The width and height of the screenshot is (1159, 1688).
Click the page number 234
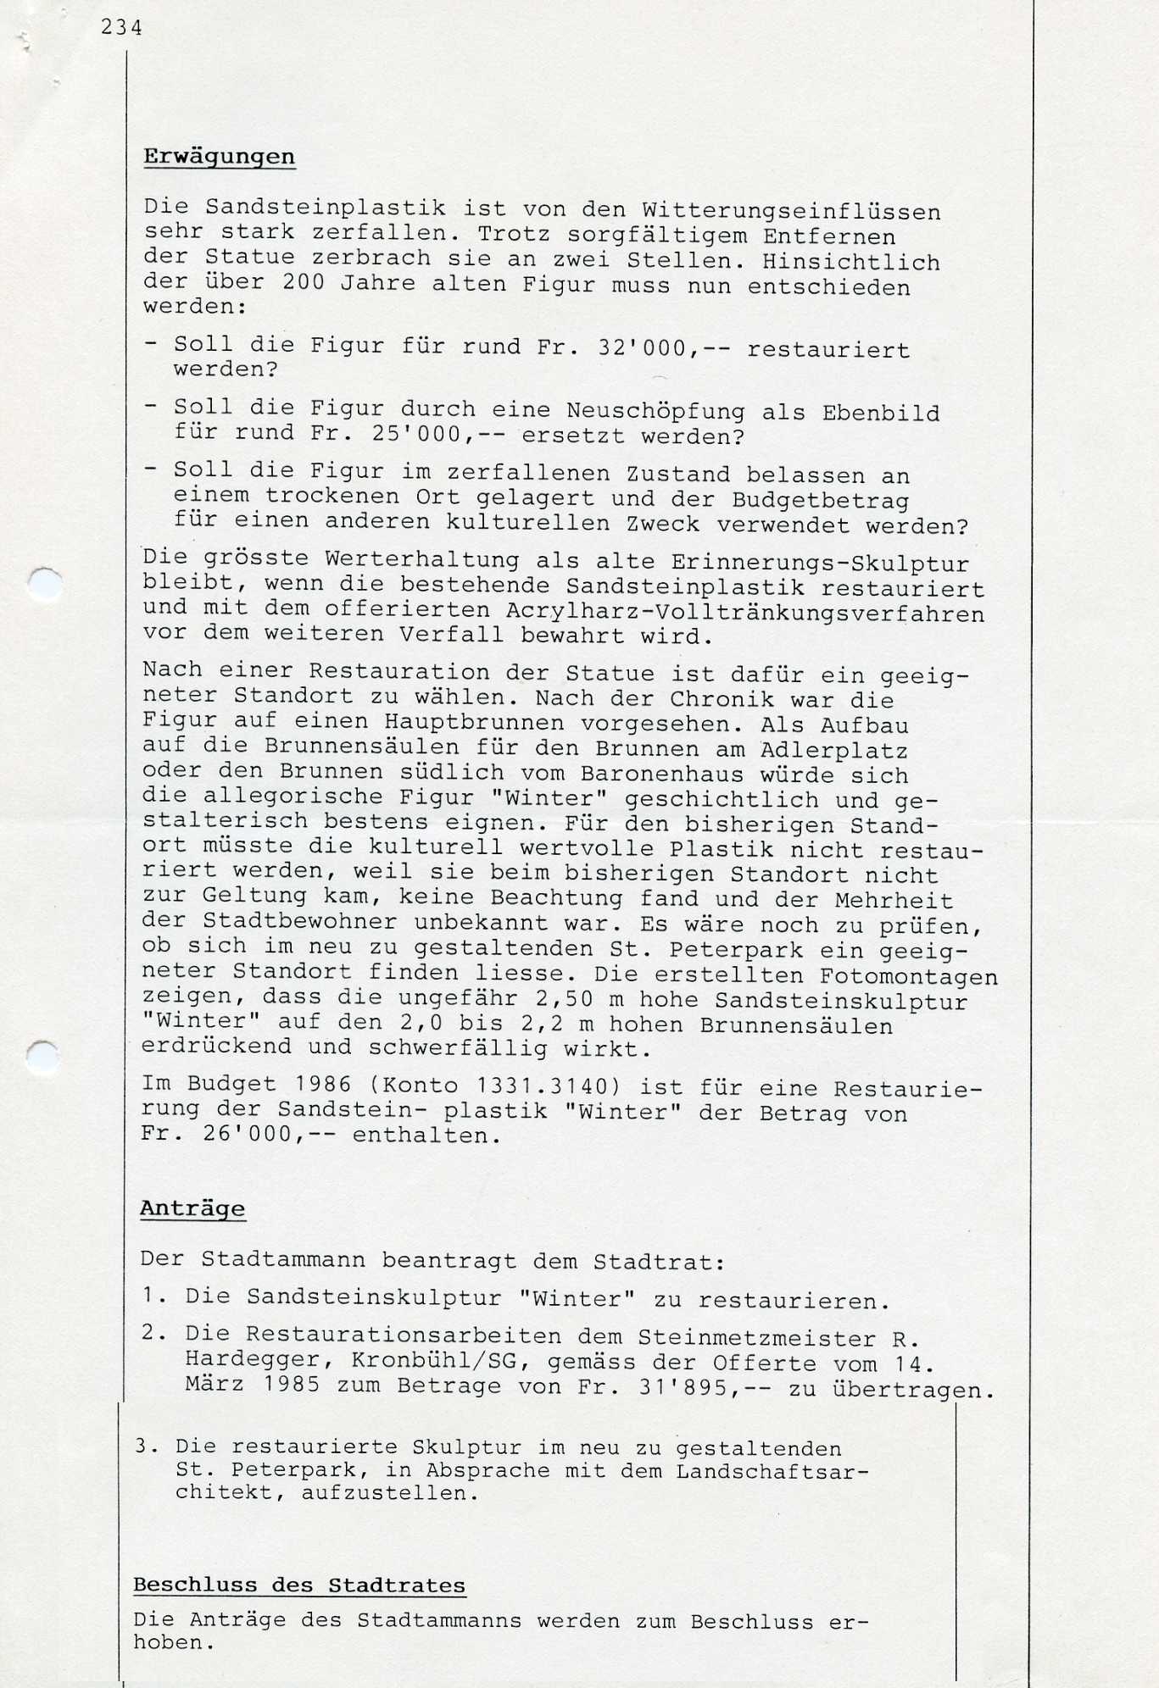coord(121,28)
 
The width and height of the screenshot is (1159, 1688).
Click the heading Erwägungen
coord(219,157)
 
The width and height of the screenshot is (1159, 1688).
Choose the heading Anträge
coord(192,1209)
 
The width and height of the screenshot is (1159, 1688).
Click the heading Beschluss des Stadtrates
coord(299,1585)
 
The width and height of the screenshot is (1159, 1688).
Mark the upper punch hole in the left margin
coord(44,585)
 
